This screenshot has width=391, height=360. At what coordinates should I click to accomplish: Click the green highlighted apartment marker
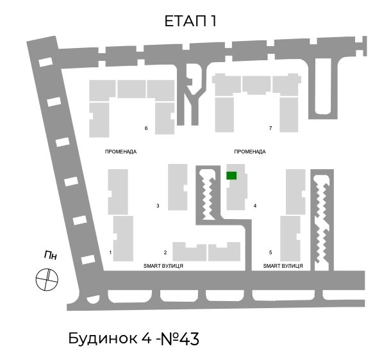point(231,176)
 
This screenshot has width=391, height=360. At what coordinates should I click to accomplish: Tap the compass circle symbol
point(47,279)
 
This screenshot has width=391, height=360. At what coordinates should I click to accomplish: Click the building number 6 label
point(146,128)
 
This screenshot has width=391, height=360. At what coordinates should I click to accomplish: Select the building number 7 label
point(270,128)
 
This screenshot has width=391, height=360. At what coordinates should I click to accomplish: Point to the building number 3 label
point(158,206)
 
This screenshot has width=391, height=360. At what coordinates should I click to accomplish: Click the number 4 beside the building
point(255,206)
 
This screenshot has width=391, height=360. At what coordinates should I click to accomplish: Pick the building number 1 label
point(110,252)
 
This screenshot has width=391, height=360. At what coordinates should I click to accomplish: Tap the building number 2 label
point(165,252)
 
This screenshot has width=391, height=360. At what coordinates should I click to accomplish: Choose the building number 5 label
point(270,252)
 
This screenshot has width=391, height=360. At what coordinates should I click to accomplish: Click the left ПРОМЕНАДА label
point(121,152)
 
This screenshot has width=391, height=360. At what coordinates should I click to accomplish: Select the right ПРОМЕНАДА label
point(250,152)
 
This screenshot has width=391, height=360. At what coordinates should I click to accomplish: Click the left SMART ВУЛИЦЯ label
point(163,266)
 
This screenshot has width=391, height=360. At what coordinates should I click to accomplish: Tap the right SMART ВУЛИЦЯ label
point(283,266)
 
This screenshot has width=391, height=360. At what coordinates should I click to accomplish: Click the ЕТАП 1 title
point(190,21)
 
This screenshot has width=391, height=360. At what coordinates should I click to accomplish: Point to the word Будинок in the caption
point(103,339)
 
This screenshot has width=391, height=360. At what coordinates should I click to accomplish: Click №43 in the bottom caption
point(179,339)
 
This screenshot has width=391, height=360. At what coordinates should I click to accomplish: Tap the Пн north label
point(51,256)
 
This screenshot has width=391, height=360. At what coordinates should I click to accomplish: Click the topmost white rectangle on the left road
point(46,62)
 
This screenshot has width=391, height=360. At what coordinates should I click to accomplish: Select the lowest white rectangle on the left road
point(88,259)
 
